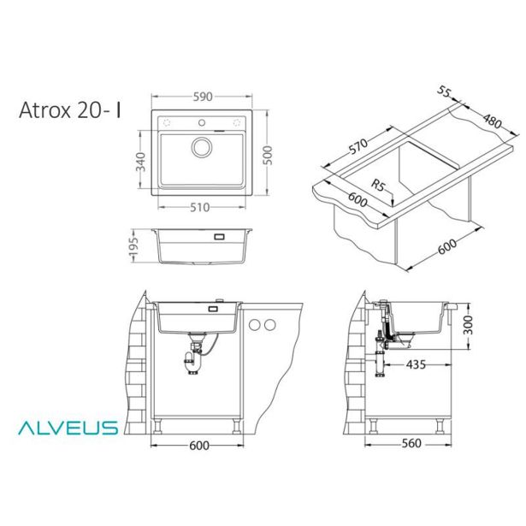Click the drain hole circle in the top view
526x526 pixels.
pyautogui.click(x=202, y=146)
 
